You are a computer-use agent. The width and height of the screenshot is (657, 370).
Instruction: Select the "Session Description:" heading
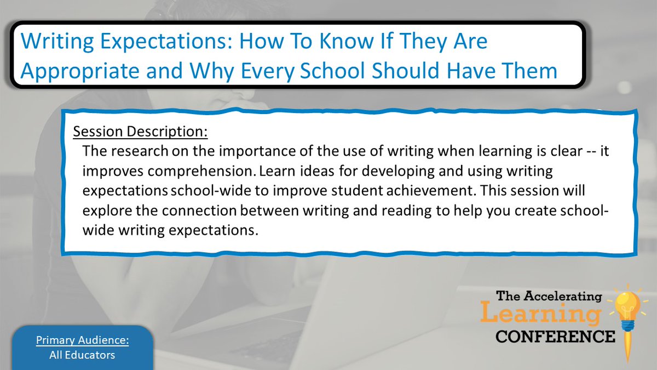click(140, 132)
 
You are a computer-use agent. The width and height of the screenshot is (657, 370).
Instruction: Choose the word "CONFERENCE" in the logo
click(555, 336)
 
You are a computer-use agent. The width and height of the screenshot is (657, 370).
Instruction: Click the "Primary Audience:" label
click(82, 340)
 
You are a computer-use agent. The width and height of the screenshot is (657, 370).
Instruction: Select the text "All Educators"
click(82, 355)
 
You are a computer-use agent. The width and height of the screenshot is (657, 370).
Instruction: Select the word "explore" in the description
click(102, 210)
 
